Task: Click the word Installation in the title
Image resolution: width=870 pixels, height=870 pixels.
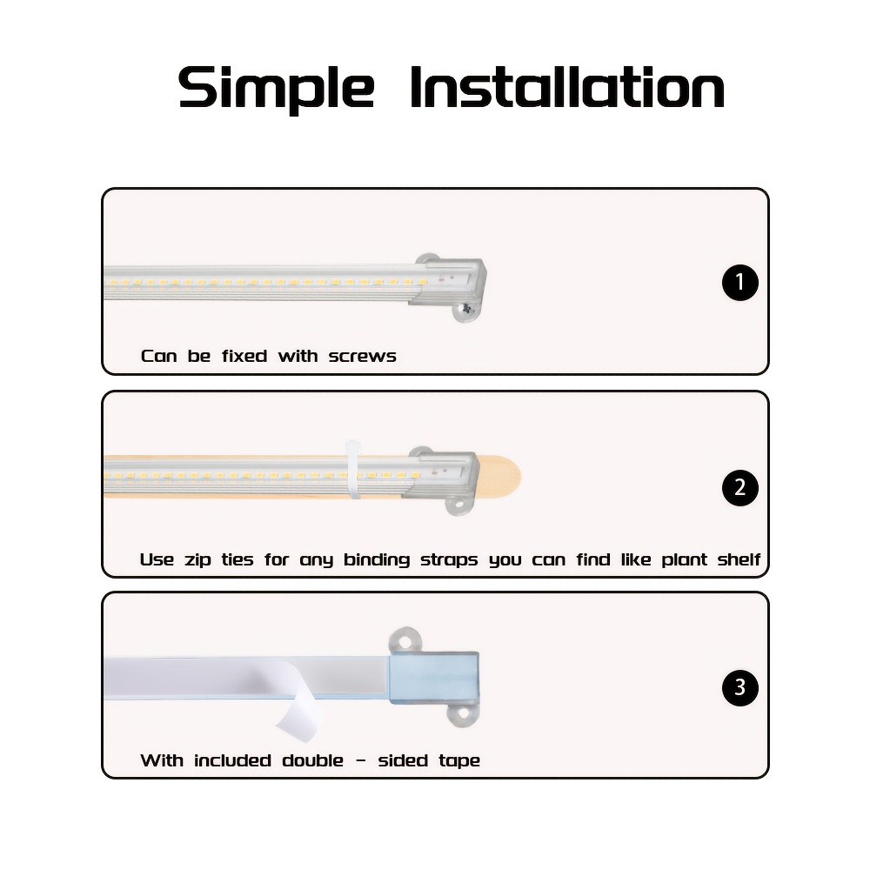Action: coord(567,87)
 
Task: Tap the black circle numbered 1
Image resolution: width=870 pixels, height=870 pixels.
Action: coord(739,283)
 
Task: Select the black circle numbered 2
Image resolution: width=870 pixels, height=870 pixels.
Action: coord(739,487)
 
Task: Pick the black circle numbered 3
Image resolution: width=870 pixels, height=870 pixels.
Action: coord(739,687)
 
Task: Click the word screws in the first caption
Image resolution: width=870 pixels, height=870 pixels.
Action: coord(362,356)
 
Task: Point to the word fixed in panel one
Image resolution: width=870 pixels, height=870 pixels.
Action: coord(244,356)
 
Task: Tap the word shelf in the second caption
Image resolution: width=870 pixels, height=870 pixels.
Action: coord(739,559)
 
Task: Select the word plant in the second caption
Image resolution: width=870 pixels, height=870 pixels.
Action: coord(684,560)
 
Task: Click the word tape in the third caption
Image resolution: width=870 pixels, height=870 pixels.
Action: coord(458,761)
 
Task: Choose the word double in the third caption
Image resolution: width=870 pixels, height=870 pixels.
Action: coord(312,760)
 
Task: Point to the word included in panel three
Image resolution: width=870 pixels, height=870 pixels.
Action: coord(232,760)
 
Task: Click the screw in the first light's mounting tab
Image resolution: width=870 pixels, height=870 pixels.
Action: coord(466,309)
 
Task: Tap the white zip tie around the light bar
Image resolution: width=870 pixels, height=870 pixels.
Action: coord(352,470)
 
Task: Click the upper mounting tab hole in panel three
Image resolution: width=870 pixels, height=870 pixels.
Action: coord(405,642)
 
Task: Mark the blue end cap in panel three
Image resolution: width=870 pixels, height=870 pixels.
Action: coord(434,678)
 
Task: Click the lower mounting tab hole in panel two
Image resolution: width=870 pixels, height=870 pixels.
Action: coord(458,505)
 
